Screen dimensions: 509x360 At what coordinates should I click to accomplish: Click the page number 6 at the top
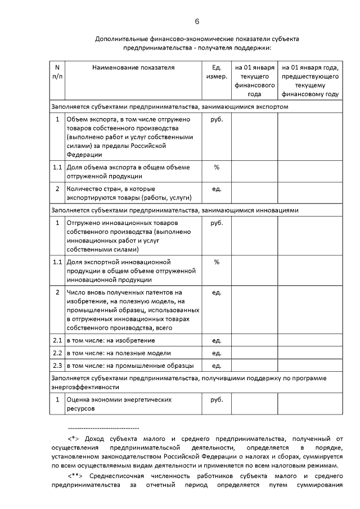pyautogui.click(x=197, y=21)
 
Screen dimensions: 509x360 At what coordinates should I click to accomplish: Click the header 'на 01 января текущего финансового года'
pyautogui.click(x=254, y=81)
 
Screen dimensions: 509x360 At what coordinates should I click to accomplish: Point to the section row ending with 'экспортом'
pyautogui.click(x=169, y=106)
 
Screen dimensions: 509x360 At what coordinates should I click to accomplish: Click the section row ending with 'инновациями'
pyautogui.click(x=174, y=210)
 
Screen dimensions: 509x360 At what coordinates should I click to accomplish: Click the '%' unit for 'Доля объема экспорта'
pyautogui.click(x=216, y=168)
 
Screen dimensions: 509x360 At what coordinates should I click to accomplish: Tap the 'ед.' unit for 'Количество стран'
pyautogui.click(x=216, y=188)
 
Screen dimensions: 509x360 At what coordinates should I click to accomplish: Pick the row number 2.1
pyautogui.click(x=57, y=341)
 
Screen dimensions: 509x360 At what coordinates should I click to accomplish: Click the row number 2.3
pyautogui.click(x=57, y=366)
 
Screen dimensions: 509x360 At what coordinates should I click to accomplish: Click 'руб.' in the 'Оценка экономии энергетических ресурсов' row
pyautogui.click(x=216, y=400)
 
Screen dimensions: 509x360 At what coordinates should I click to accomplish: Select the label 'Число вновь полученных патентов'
pyautogui.click(x=124, y=292)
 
